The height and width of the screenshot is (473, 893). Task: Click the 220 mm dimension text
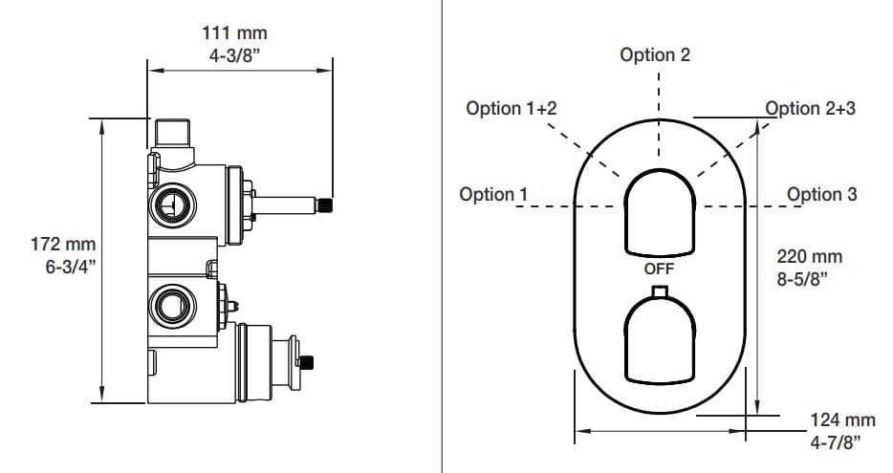tap(811, 257)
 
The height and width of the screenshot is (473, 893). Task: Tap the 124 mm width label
tap(842, 419)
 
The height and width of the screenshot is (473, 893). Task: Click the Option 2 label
tap(655, 54)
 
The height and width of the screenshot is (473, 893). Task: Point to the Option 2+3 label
tap(811, 108)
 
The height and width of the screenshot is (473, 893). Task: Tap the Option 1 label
tap(493, 195)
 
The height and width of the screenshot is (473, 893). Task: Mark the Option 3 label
tap(821, 195)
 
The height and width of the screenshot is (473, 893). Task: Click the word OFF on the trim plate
tap(659, 269)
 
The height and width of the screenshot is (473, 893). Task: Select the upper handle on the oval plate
tap(659, 213)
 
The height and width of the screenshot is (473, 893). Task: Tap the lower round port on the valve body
tap(172, 305)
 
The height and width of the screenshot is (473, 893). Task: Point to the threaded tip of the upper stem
tap(325, 204)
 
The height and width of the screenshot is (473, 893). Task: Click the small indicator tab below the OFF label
tap(659, 291)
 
